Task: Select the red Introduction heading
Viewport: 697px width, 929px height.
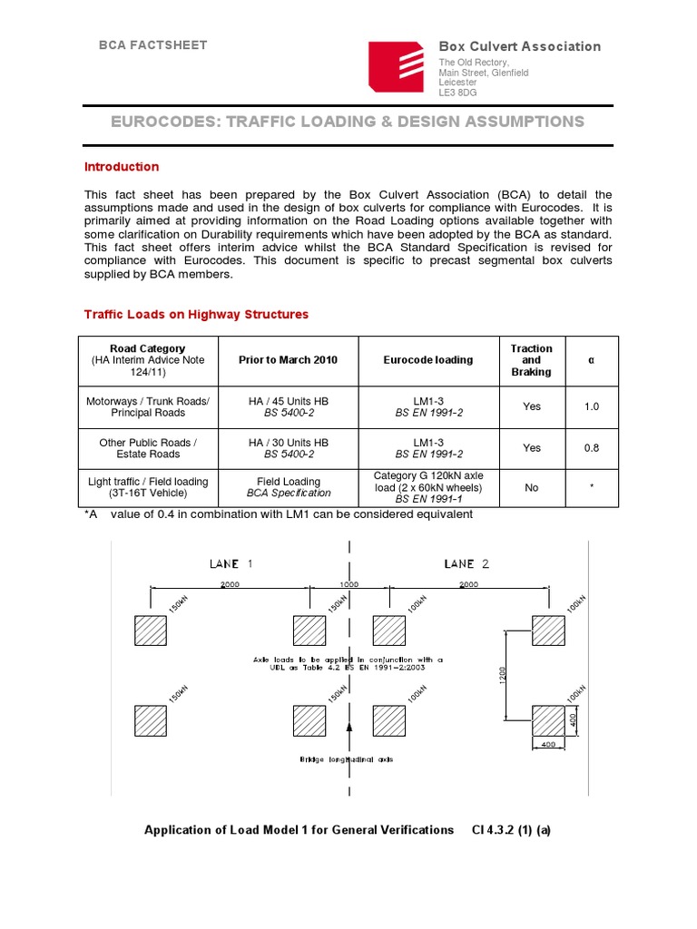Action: (x=122, y=167)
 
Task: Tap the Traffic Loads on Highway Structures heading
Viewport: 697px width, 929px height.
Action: (x=196, y=315)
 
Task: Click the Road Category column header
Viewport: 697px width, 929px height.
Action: (x=147, y=360)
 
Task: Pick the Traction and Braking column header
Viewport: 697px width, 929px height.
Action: (x=531, y=360)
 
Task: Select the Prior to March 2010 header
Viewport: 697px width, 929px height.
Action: (x=288, y=360)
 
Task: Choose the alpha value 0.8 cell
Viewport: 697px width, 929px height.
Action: (x=591, y=448)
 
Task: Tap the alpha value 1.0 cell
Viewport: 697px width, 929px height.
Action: (x=591, y=406)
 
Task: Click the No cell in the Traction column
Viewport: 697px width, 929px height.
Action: (x=531, y=488)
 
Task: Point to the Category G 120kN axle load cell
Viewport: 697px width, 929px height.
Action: (x=428, y=488)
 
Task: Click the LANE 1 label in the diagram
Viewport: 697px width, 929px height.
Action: (x=231, y=563)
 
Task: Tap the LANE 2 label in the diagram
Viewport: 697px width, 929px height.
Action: (x=466, y=563)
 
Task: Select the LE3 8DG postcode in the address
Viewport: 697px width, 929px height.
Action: (x=458, y=92)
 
